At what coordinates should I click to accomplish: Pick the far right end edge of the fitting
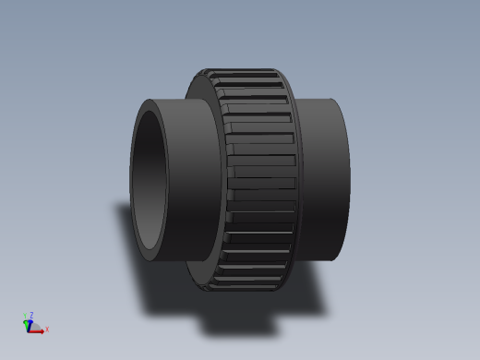[348, 175]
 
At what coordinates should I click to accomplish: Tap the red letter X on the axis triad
[47, 330]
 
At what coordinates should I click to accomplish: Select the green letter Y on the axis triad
[25, 317]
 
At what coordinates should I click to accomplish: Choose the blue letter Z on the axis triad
[31, 315]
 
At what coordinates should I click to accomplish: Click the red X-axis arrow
[38, 330]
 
